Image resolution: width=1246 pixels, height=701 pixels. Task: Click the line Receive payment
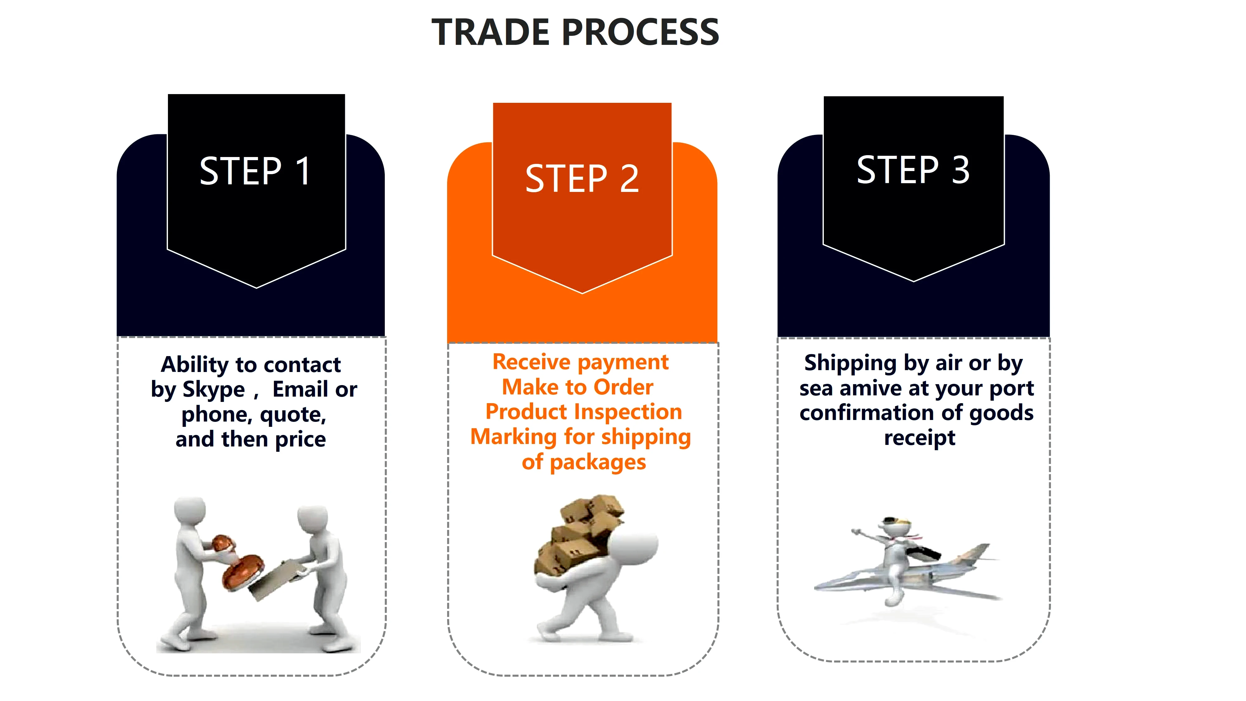580,362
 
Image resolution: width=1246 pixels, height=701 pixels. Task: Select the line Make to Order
578,387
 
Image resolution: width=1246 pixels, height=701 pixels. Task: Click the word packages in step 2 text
598,462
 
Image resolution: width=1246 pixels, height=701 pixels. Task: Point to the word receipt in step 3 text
919,438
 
